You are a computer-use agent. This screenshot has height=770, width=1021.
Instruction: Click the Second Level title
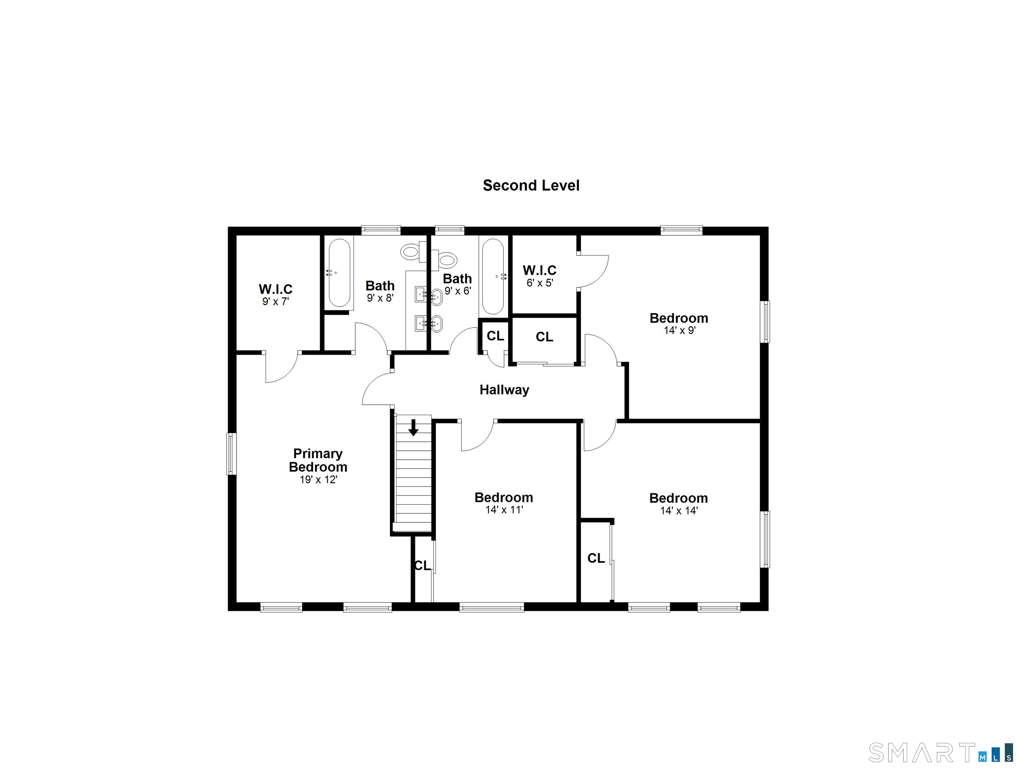[531, 185]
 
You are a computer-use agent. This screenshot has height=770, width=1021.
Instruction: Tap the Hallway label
[504, 390]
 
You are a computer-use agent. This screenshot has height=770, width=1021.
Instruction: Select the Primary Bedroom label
[318, 460]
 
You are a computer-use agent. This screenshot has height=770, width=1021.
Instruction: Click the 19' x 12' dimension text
[318, 480]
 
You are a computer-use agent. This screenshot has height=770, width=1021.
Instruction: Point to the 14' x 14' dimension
[679, 511]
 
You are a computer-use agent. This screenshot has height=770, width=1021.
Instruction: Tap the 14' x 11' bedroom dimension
[504, 510]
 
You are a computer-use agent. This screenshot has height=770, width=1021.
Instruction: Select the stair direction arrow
[414, 428]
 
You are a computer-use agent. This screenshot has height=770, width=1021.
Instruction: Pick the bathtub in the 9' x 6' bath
[493, 276]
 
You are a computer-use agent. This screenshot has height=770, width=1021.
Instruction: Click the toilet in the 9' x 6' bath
[447, 259]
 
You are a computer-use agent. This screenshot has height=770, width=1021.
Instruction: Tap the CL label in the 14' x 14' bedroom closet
[596, 558]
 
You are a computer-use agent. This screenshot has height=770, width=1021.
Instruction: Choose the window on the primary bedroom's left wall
[231, 454]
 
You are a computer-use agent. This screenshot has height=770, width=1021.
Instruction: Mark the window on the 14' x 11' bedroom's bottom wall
[491, 608]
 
